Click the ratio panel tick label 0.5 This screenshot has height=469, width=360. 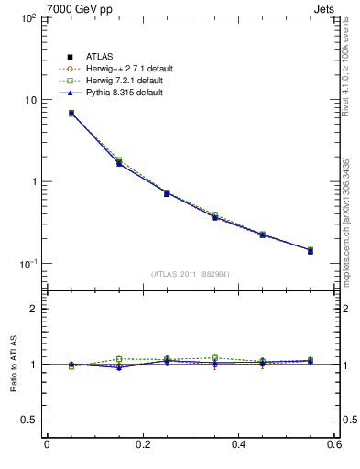coord(27,420)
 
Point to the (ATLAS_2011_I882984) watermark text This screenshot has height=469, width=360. coord(190,274)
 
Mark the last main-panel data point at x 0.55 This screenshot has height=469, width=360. coord(310,250)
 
